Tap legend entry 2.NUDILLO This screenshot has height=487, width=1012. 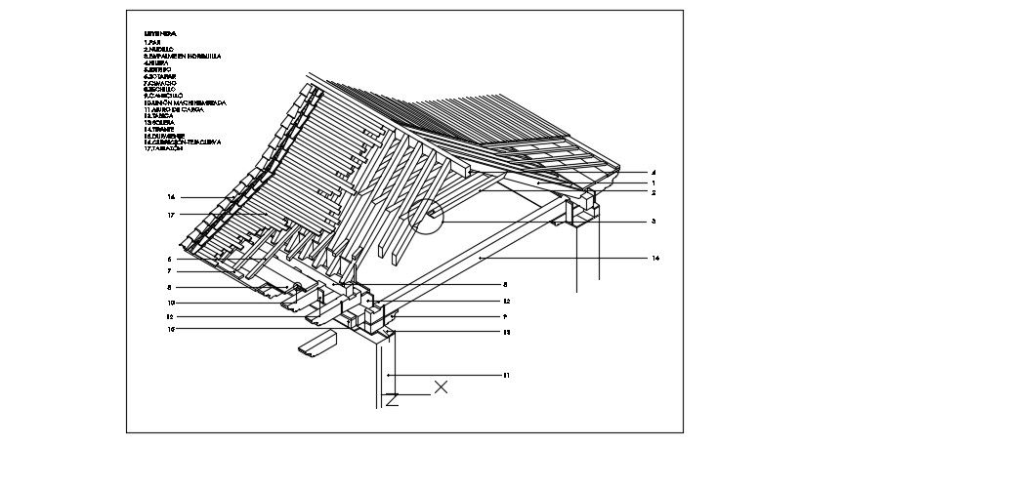coord(159,50)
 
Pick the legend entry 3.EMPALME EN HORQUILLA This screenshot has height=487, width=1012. coord(182,57)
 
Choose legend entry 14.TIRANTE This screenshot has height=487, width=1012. coord(160,129)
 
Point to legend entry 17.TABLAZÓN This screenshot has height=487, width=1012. coord(163,148)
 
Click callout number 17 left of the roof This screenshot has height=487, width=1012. coord(170,215)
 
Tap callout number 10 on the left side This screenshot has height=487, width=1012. coord(170,303)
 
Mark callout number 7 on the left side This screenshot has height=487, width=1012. coord(170,270)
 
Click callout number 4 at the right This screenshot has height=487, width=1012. coord(653,173)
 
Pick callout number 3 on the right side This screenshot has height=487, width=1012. coord(653,222)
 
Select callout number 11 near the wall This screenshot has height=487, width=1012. coord(506,375)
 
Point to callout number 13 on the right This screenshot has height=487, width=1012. coord(506,332)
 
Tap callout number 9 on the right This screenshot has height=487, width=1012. coord(506,317)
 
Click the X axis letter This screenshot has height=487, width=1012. coord(441,387)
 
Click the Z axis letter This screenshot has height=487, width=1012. coord(392,399)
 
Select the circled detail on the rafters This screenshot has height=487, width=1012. coord(426,216)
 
